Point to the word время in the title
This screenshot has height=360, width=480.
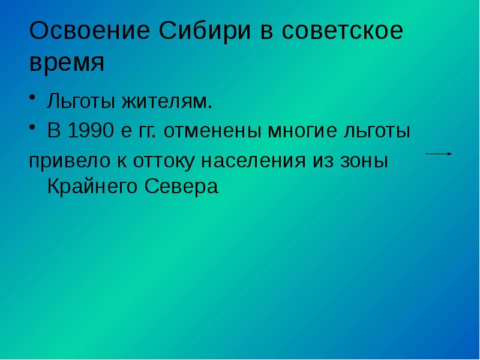point(67,62)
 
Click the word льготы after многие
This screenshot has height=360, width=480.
point(377,131)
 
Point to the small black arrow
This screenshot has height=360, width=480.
point(439,154)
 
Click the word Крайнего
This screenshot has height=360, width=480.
point(93,187)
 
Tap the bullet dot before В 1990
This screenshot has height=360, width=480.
point(34,127)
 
